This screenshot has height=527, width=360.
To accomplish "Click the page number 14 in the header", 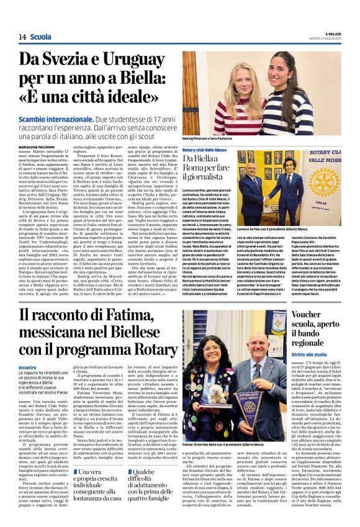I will [22, 37].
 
